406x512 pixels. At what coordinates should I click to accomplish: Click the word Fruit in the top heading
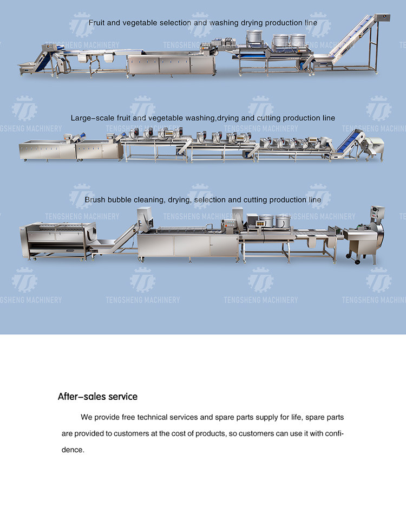click(96, 23)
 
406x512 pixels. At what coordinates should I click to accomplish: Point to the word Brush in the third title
click(95, 199)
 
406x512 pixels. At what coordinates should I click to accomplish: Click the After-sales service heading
click(97, 397)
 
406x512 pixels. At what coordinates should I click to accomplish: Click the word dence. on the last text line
click(73, 450)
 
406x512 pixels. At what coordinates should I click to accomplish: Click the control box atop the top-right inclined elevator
click(382, 17)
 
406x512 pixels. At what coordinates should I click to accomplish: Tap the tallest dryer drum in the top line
click(254, 38)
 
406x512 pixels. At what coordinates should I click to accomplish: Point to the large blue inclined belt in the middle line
click(347, 142)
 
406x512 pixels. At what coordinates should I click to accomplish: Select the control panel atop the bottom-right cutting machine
click(378, 212)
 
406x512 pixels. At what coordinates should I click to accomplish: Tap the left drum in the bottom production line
click(266, 221)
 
